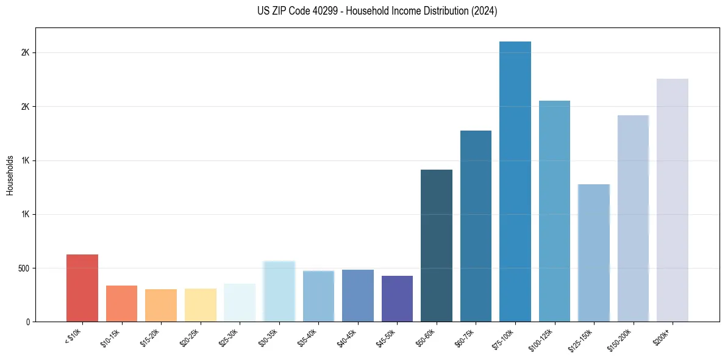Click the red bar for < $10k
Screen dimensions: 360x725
point(82,288)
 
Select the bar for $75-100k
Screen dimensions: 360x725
point(515,182)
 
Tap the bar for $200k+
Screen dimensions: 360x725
point(672,200)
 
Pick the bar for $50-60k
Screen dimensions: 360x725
point(437,245)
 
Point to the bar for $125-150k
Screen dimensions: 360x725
point(593,253)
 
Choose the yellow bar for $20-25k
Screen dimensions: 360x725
point(201,305)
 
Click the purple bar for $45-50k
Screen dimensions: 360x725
point(397,298)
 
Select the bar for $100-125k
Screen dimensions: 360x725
point(554,211)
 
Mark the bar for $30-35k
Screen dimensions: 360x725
point(279,291)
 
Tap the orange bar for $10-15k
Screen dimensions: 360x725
point(121,303)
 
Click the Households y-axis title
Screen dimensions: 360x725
point(10,175)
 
